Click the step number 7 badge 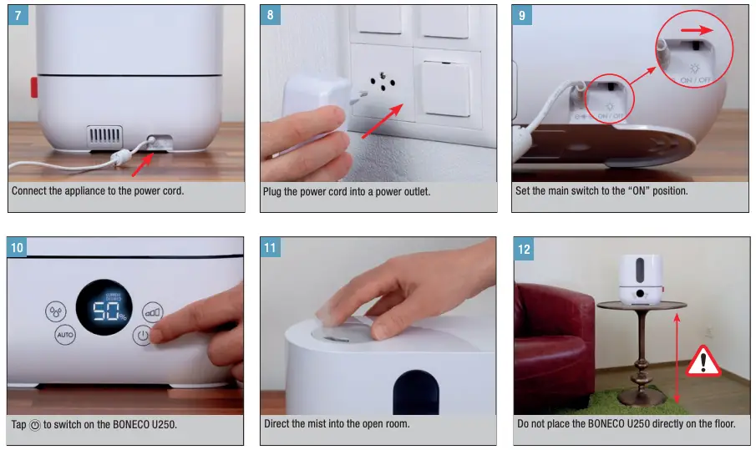pos(18,15)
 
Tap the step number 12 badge pos(524,249)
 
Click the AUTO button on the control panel pos(65,334)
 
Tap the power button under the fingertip pos(143,336)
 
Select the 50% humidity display pos(104,307)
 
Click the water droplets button pos(56,311)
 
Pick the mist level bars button pos(152,313)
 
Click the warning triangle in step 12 pos(703,362)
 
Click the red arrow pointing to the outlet pos(383,121)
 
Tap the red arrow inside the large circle pos(697,30)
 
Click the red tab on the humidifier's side pos(34,87)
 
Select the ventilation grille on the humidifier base pos(104,137)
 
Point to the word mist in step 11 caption pos(310,424)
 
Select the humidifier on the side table pos(640,280)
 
